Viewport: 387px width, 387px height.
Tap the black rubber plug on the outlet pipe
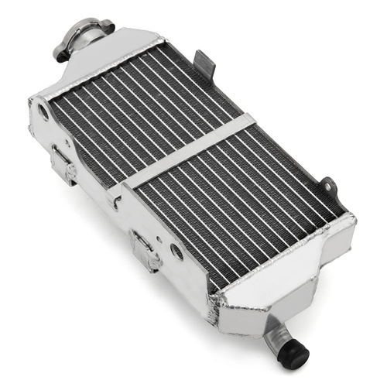[295, 354]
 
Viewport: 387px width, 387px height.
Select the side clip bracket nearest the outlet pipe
[145, 248]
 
